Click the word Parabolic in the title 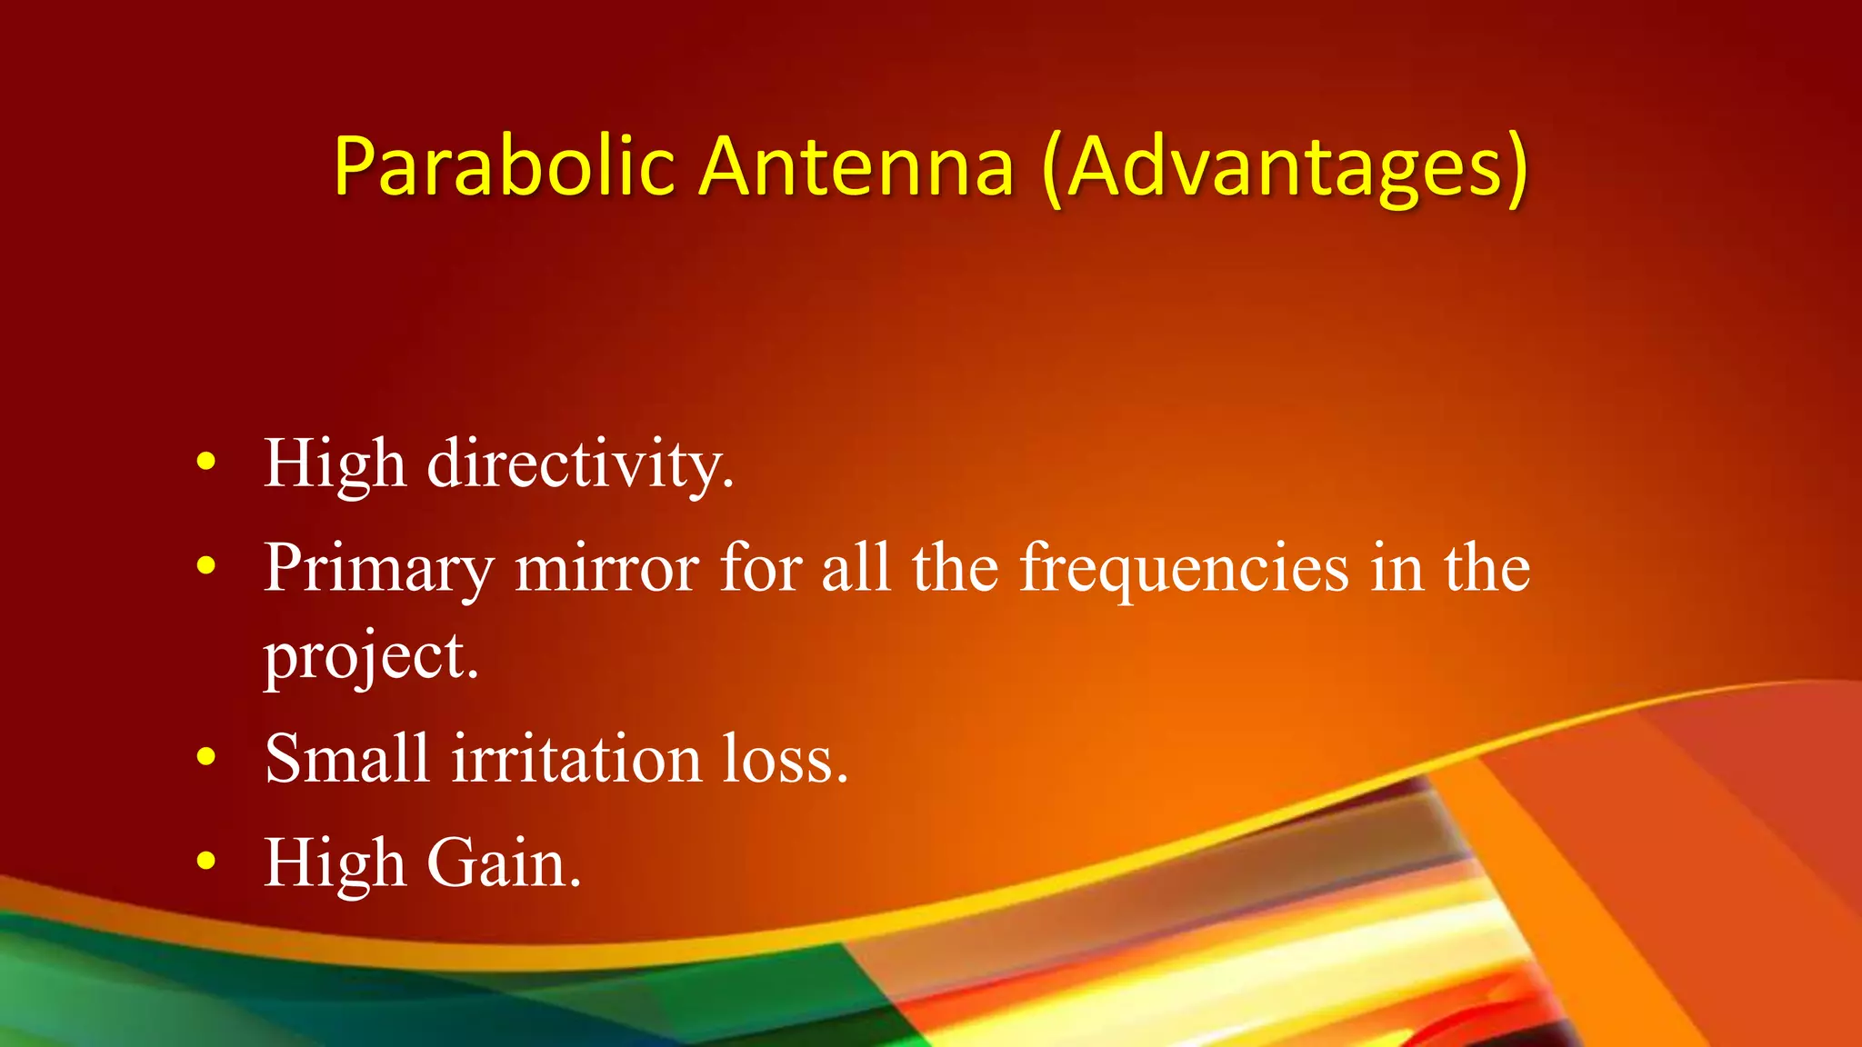coord(505,167)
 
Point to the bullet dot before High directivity coord(206,462)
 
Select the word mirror coord(607,569)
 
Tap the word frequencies coord(1184,569)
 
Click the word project coord(370,656)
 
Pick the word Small coord(346,759)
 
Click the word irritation coord(576,759)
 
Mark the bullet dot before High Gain coord(206,860)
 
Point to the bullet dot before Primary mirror coord(206,565)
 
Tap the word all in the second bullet coord(856,569)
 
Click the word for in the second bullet coord(760,569)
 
